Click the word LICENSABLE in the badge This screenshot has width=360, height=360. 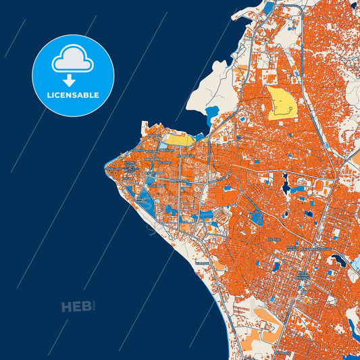[73, 95]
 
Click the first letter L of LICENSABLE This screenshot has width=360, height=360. [49, 95]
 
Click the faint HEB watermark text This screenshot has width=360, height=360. [76, 307]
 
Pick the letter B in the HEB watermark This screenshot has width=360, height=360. [86, 307]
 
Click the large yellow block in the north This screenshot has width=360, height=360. [282, 102]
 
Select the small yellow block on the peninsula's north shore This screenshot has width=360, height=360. [178, 140]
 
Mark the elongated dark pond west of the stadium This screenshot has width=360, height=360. [286, 181]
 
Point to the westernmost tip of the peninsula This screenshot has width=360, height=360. [106, 164]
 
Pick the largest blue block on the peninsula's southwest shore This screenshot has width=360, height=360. [144, 201]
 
